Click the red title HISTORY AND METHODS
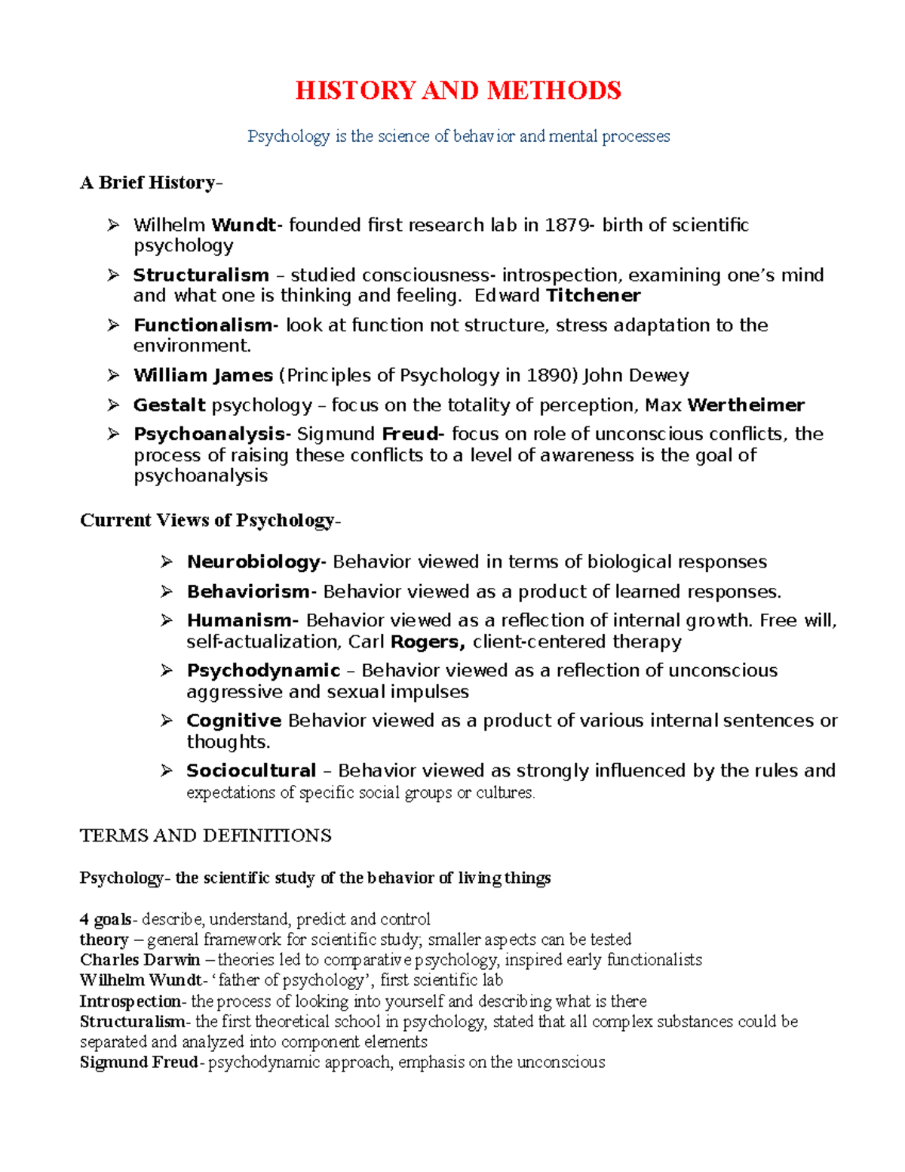coord(458,91)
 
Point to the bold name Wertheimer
coord(746,405)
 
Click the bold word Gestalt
coord(169,405)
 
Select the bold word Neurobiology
coord(254,562)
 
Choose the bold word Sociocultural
coord(251,771)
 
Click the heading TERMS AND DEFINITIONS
coord(205,835)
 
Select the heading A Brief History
coord(149,183)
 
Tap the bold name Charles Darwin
coord(140,960)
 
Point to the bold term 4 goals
coord(106,919)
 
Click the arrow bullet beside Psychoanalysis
coord(113,434)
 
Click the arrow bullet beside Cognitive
coord(167,721)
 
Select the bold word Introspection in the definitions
coord(130,1001)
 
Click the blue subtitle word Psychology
coord(289,137)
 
